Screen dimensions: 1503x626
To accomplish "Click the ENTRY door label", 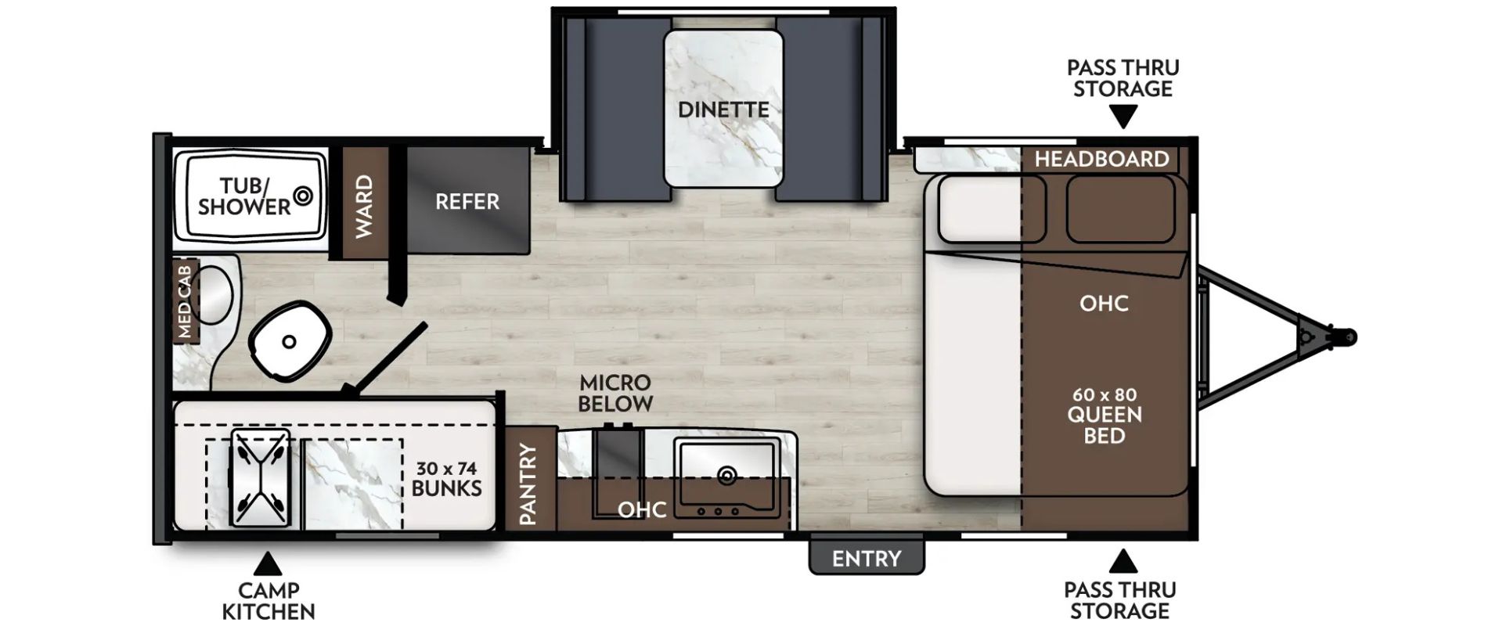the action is [x=866, y=558].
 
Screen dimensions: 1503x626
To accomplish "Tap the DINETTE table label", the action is [x=723, y=110].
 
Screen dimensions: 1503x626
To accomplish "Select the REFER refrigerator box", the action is [x=467, y=200].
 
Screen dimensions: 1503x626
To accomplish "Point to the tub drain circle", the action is [x=302, y=195].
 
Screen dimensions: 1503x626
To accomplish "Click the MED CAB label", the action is [x=185, y=301].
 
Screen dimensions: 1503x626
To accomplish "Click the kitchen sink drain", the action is [x=726, y=474].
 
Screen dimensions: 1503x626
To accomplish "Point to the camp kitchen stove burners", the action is [x=259, y=477].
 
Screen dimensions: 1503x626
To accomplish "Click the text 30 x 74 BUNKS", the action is [x=446, y=478].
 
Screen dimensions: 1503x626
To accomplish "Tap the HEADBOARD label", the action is [x=1101, y=160].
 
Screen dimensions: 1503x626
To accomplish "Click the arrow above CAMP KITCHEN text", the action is [x=268, y=564].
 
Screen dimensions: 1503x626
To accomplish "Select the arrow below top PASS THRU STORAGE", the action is [x=1123, y=117].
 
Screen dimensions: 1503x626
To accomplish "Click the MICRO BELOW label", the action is [x=615, y=393].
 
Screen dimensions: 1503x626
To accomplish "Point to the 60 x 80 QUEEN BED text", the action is [x=1105, y=415].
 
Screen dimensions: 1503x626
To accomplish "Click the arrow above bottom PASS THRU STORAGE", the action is [x=1123, y=561].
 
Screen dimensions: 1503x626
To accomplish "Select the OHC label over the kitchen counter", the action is [x=642, y=509].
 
